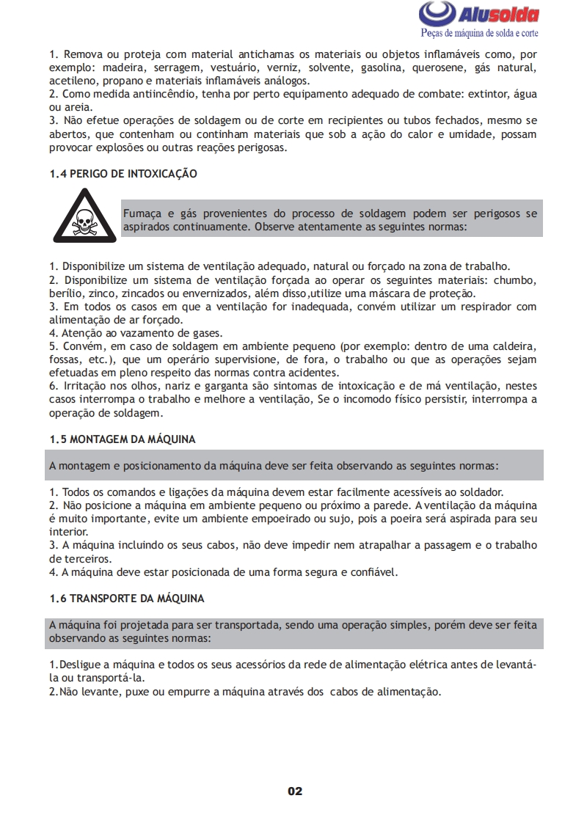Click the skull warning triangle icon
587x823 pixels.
pyautogui.click(x=83, y=217)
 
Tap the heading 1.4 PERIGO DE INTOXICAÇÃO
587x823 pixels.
pyautogui.click(x=123, y=174)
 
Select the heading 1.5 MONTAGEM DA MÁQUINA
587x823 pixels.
pyautogui.click(x=123, y=439)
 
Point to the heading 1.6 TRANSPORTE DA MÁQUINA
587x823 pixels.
pyautogui.click(x=127, y=599)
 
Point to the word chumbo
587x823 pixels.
pyautogui.click(x=517, y=279)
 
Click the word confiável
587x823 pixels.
pyautogui.click(x=371, y=571)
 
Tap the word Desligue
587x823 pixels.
pyautogui.click(x=79, y=665)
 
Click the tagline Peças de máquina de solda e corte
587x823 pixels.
pyautogui.click(x=479, y=34)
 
